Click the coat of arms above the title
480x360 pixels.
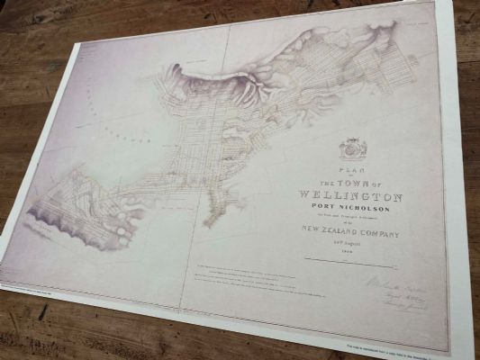coord(349,148)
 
